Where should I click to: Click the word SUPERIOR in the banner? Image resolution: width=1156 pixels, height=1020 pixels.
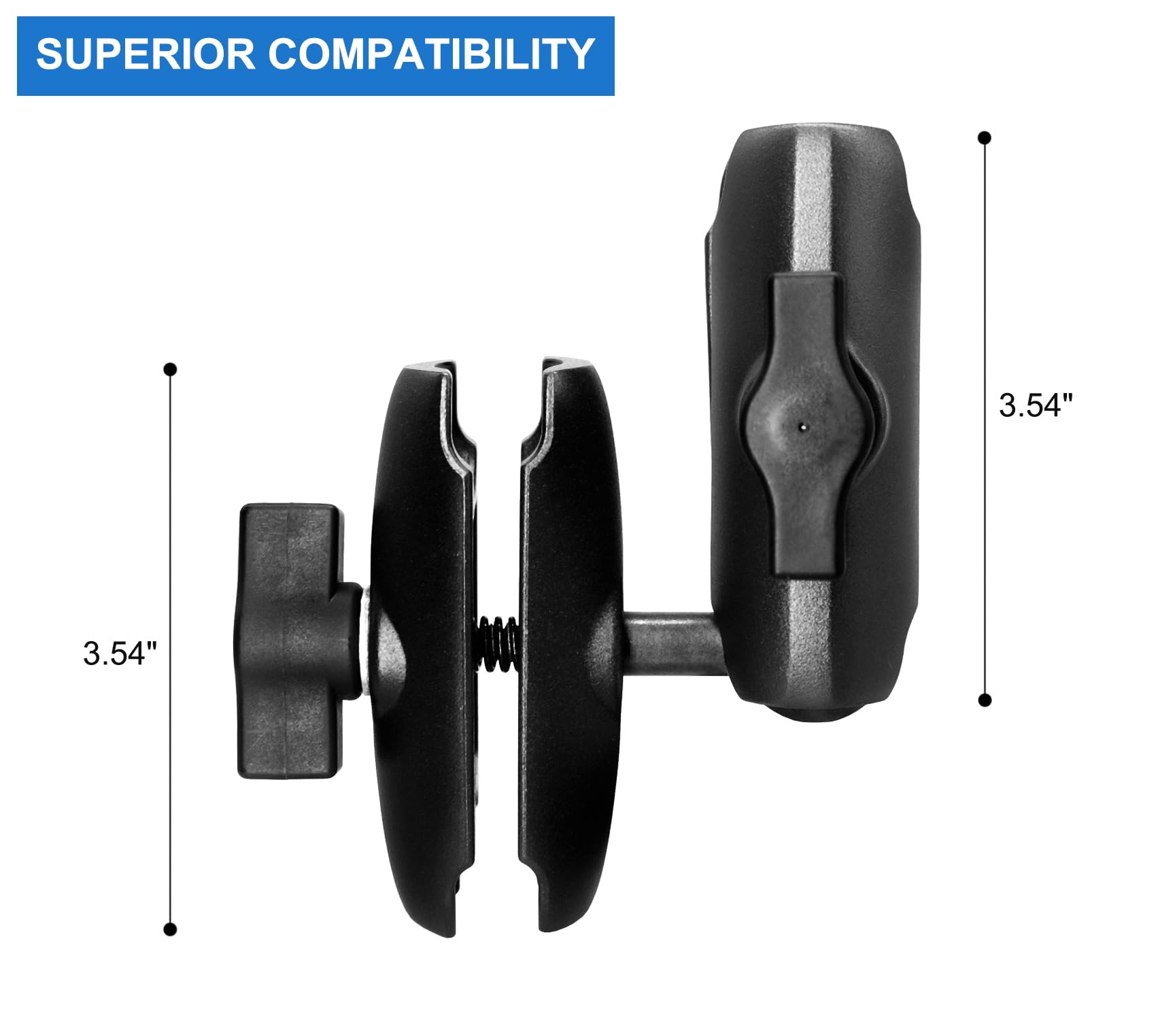coord(145,54)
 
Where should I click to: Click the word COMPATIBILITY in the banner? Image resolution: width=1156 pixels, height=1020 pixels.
coord(432,54)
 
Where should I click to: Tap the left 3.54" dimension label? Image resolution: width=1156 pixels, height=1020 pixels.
coord(120,653)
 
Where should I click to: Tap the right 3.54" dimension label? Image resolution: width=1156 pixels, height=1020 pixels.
coord(1036,405)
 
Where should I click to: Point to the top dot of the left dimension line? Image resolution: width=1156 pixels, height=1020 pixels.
coord(170,369)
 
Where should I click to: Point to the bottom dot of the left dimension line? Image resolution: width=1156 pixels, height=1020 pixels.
coord(170,930)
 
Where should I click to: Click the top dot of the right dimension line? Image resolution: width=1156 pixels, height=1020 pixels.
coord(984,138)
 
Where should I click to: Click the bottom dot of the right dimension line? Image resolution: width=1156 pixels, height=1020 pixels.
coord(984,700)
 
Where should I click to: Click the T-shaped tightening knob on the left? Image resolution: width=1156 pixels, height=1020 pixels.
coord(289,639)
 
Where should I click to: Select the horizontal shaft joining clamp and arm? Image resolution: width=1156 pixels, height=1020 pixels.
coord(670,643)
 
